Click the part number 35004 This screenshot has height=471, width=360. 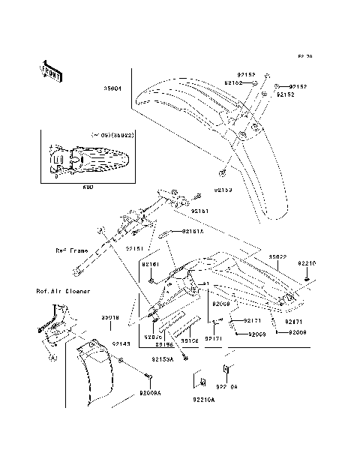tap(113, 88)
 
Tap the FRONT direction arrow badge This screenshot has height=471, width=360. tap(49, 70)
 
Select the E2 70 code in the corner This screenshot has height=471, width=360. tap(304, 56)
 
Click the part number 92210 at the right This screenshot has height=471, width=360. tap(307, 263)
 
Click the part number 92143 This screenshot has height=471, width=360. tap(121, 343)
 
